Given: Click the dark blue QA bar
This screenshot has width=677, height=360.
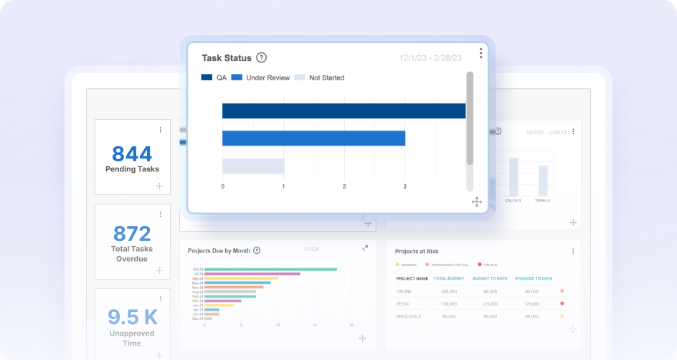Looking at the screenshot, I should [344, 110].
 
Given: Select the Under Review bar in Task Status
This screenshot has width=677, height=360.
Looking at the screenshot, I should [313, 138].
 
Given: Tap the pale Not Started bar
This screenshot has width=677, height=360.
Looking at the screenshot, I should [253, 166].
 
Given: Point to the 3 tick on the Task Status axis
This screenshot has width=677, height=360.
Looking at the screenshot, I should [404, 186].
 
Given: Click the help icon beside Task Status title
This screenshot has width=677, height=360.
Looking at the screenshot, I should [261, 58].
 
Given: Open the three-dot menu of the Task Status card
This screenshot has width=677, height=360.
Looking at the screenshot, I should [480, 53].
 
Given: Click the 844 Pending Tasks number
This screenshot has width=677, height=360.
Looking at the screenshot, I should [132, 153].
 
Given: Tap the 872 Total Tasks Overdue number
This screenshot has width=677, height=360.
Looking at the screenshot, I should [132, 233].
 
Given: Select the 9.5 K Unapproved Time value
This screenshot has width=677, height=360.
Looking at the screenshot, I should [132, 316].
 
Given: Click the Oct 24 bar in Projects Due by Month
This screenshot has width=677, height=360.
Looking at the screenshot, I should [270, 270].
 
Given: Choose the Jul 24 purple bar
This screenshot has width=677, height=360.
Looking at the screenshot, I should [252, 274].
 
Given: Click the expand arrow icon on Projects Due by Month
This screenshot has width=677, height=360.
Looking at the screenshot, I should [365, 248].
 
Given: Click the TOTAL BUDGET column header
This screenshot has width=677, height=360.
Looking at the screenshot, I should [450, 278].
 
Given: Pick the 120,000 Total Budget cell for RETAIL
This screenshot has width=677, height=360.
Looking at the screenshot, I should [450, 303].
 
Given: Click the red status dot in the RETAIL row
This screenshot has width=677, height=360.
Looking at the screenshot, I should [562, 303].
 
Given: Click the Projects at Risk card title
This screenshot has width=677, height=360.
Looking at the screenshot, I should [417, 252].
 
